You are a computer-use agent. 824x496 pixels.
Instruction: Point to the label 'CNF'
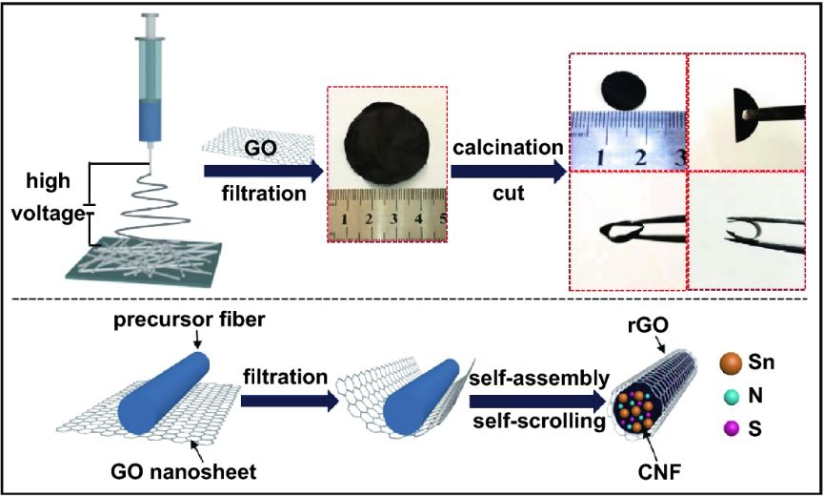[660, 473]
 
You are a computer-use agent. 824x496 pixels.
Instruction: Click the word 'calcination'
[508, 147]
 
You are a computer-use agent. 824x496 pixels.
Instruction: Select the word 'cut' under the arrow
[508, 194]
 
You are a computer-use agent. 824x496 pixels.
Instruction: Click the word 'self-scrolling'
[539, 422]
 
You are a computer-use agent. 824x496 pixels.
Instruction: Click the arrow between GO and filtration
[263, 172]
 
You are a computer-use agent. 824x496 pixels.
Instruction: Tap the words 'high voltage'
[54, 198]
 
